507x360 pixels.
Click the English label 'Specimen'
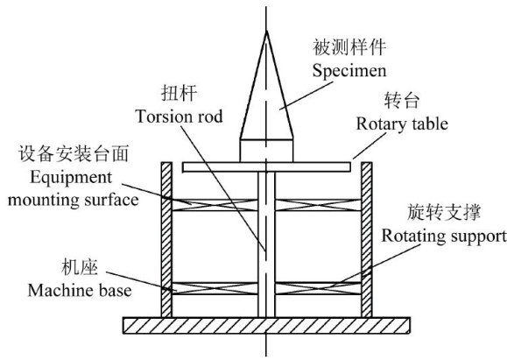click(x=349, y=71)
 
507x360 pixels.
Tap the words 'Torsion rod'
click(x=180, y=116)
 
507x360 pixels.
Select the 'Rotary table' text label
click(x=402, y=124)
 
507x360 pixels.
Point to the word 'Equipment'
click(x=71, y=178)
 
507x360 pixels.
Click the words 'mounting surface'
click(x=74, y=201)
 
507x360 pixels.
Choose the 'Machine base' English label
click(x=80, y=290)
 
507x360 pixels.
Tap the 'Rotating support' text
click(x=444, y=236)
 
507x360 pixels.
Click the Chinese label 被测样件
click(x=349, y=47)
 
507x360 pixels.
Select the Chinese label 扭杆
click(x=179, y=93)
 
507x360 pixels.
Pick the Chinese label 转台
click(x=402, y=100)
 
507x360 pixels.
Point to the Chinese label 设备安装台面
click(x=74, y=153)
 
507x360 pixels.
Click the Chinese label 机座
click(x=80, y=267)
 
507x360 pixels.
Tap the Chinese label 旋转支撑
click(x=444, y=212)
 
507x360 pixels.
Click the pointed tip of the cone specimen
click(x=267, y=31)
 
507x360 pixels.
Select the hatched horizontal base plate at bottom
click(x=266, y=325)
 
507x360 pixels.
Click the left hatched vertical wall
click(x=166, y=240)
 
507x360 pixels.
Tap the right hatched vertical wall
click(x=367, y=240)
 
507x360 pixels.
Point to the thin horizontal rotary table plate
click(x=266, y=167)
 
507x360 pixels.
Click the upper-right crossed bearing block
click(x=318, y=205)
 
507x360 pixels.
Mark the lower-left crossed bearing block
click(x=215, y=288)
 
